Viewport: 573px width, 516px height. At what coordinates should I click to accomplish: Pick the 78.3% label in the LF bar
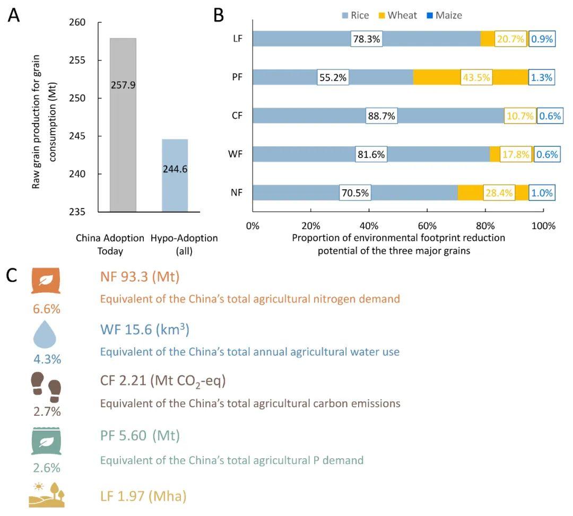coord(365,39)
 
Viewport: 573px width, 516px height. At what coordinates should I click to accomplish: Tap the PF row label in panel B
coord(237,77)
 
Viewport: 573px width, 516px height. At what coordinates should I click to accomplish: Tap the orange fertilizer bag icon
coord(47,282)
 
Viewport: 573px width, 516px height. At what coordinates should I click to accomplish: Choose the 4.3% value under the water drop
coord(47,359)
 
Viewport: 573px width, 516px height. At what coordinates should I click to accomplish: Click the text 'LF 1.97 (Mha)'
coord(143,496)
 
